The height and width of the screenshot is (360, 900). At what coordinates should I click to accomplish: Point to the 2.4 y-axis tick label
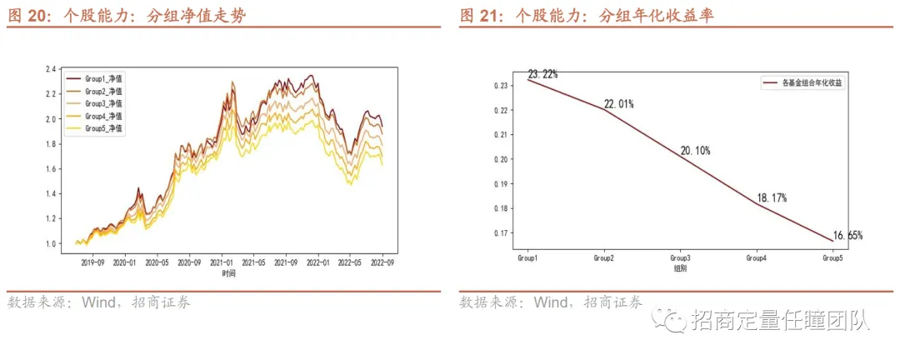pyautogui.click(x=50, y=69)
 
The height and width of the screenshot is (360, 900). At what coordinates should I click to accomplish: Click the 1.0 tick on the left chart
pyautogui.click(x=50, y=243)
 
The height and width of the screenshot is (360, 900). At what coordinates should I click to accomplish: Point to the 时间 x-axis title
pyautogui.click(x=228, y=274)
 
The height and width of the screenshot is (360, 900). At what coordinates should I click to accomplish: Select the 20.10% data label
pyautogui.click(x=695, y=151)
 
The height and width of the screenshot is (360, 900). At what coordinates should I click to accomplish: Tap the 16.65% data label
pyautogui.click(x=847, y=235)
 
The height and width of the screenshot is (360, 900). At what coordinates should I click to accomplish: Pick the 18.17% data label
pyautogui.click(x=772, y=198)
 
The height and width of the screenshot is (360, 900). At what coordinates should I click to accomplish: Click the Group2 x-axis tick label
pyautogui.click(x=604, y=257)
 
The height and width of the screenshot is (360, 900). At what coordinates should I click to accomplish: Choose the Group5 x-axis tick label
pyautogui.click(x=832, y=257)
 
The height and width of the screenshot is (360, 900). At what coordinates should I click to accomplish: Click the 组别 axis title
pyautogui.click(x=680, y=268)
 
